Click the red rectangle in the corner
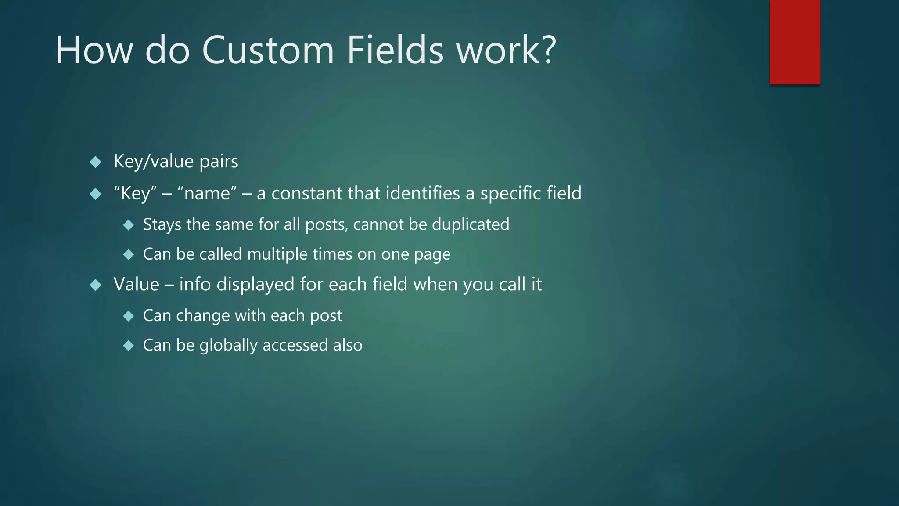point(795,42)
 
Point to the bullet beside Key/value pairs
point(95,162)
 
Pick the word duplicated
point(471,224)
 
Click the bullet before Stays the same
point(129,225)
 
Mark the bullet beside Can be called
point(129,255)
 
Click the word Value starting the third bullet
point(136,284)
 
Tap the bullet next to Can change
point(129,316)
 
